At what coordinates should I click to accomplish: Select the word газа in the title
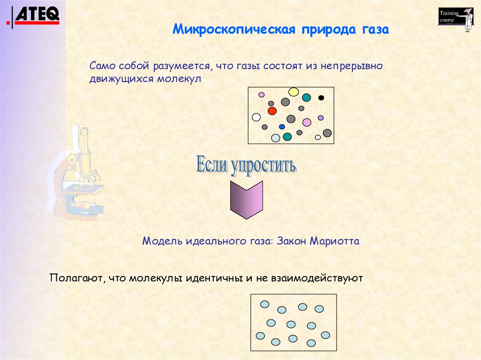(375, 30)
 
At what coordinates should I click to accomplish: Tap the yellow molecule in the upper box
(294, 92)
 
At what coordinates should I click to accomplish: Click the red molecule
(272, 111)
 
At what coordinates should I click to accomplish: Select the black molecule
(321, 98)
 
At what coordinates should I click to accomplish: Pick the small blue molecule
(282, 127)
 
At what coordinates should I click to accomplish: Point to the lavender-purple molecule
(321, 118)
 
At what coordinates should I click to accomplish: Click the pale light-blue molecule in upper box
(276, 138)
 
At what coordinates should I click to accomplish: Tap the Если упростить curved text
(245, 165)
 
